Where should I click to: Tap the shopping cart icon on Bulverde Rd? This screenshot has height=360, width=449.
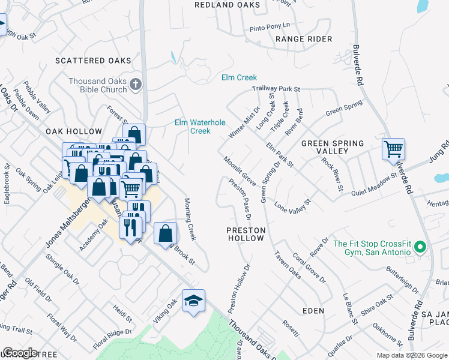point(393,148)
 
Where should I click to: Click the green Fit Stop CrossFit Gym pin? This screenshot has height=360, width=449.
point(420,247)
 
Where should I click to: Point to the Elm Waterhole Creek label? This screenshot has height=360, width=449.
point(200,127)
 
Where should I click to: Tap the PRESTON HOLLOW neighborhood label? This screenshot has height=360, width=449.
point(245,234)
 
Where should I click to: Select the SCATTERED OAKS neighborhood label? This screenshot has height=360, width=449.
point(92,61)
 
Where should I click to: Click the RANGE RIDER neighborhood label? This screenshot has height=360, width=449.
point(304,39)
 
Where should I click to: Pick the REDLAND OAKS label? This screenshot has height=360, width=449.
point(228,5)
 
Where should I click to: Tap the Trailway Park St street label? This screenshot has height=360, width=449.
point(276,89)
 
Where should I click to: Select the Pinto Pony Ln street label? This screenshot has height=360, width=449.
point(270,26)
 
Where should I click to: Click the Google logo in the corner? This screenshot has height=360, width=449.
point(20,353)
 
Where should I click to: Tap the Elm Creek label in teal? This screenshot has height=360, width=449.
point(239,77)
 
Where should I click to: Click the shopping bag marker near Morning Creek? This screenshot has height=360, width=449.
point(165,233)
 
